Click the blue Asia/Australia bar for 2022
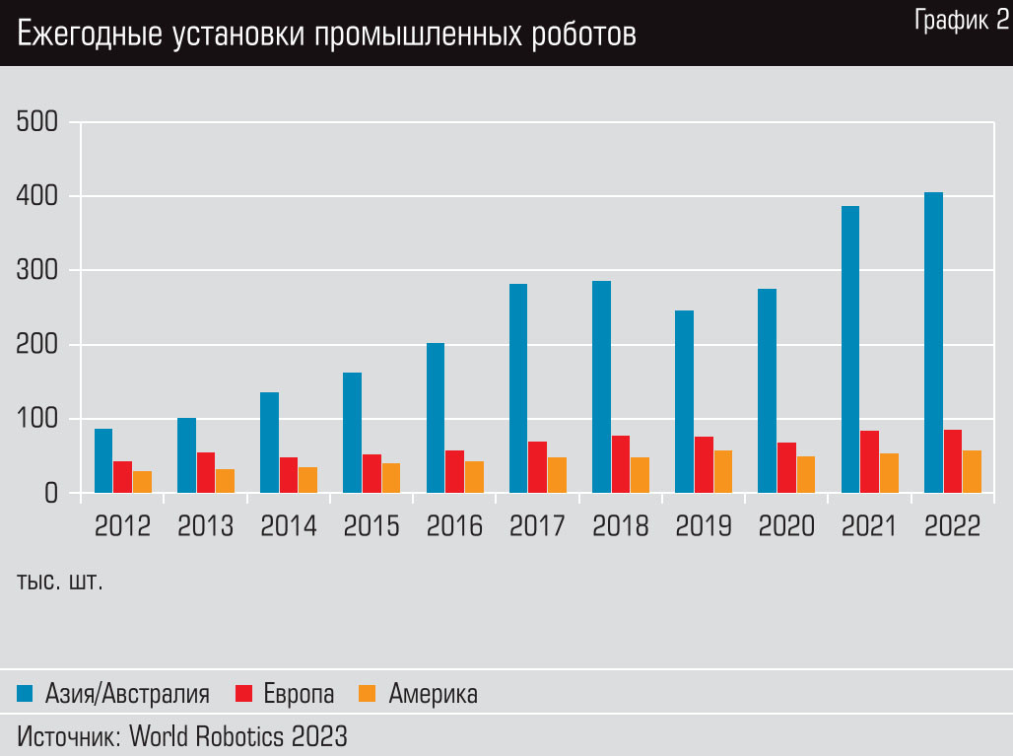click(933, 343)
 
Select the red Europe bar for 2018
click(621, 464)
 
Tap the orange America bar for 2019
click(723, 472)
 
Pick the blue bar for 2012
click(103, 460)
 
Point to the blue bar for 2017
click(518, 388)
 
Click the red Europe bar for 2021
click(869, 461)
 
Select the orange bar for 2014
click(308, 480)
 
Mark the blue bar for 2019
click(684, 401)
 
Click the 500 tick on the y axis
click(37, 122)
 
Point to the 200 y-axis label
click(37, 345)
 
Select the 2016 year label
click(454, 526)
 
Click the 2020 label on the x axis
click(786, 526)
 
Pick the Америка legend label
click(433, 694)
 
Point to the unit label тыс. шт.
click(60, 581)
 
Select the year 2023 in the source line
click(317, 735)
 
